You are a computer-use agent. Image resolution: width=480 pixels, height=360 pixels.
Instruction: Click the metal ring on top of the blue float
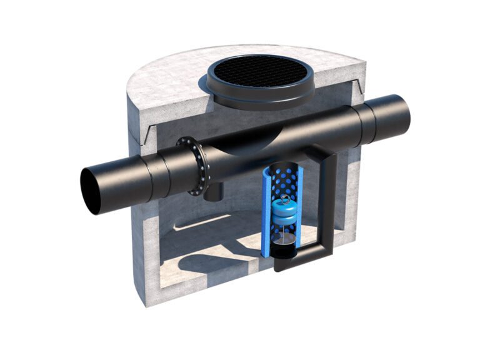tap(285, 199)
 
